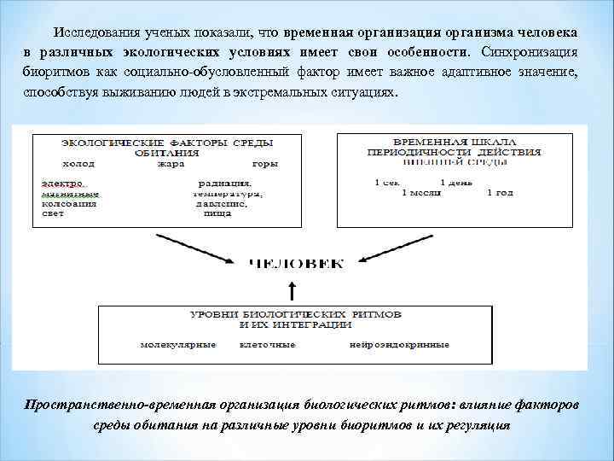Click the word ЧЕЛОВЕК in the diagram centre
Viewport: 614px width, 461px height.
pyautogui.click(x=296, y=264)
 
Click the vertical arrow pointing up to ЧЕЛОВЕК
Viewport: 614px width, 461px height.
pyautogui.click(x=292, y=291)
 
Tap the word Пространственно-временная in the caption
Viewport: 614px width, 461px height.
pyautogui.click(x=119, y=403)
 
